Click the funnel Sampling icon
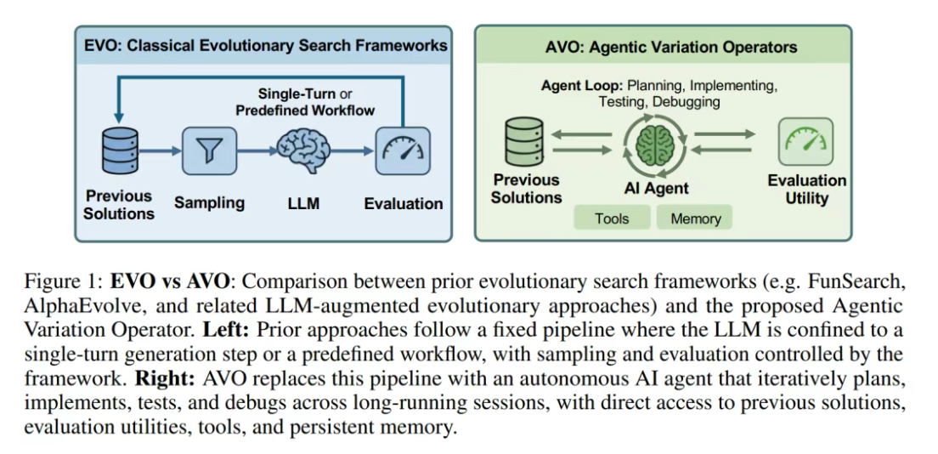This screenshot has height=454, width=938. (x=208, y=150)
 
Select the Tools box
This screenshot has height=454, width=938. (x=612, y=218)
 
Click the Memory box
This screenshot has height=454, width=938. (x=695, y=218)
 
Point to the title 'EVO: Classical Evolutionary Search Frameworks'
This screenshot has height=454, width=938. (x=265, y=45)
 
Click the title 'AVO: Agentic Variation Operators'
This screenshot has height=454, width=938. (x=671, y=47)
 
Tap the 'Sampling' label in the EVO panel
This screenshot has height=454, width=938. (x=209, y=202)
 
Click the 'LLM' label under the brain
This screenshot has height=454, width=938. (x=303, y=203)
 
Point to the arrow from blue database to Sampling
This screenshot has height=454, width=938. (x=161, y=151)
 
